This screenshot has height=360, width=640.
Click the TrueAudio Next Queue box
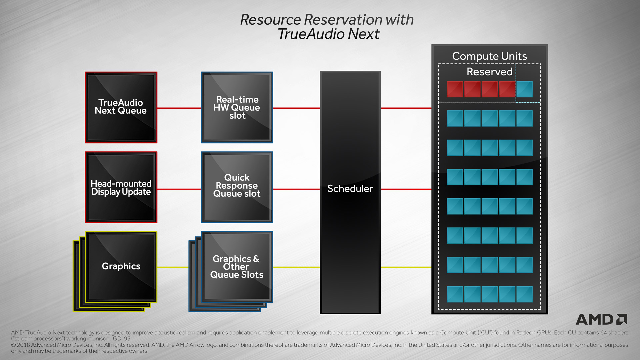tap(121, 107)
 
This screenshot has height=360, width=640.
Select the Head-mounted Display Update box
tap(121, 187)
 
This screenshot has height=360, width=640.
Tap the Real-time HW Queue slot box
tap(237, 107)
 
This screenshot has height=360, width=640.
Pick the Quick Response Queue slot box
tap(237, 187)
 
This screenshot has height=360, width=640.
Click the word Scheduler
tap(350, 189)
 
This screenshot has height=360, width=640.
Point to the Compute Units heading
tap(489, 56)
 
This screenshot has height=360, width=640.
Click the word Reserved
tap(489, 72)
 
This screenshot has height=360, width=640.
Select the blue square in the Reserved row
tap(524, 89)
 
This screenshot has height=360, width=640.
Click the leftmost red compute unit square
tap(455, 89)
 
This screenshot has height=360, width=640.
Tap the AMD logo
tap(601, 319)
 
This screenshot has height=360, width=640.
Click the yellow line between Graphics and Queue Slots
tap(173, 267)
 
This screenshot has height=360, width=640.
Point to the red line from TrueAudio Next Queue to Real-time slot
tap(179, 108)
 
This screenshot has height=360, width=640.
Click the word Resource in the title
tap(270, 20)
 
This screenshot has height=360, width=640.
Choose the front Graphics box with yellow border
tap(121, 266)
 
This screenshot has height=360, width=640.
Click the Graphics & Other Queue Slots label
tap(237, 267)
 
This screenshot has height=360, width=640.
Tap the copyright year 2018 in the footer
tap(23, 345)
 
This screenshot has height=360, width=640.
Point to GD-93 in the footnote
tap(121, 339)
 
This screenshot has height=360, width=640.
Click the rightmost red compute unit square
tap(507, 89)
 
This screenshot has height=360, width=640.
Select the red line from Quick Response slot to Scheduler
tap(296, 189)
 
